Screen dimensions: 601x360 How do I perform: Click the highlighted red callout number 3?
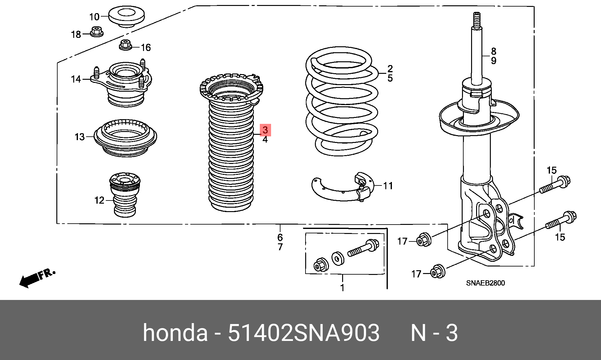click(265, 130)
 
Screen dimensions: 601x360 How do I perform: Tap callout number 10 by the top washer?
click(94, 17)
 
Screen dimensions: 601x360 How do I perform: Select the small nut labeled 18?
click(97, 32)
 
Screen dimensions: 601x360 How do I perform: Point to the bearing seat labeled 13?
click(126, 138)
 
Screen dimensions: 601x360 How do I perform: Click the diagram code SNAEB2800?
click(485, 283)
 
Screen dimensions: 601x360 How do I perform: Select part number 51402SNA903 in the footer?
click(304, 333)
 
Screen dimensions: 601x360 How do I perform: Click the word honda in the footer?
click(175, 333)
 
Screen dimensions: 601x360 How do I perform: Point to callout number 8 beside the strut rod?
click(493, 51)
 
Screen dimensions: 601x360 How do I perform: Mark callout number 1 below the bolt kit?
click(342, 287)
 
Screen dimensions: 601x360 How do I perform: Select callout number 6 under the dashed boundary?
click(280, 237)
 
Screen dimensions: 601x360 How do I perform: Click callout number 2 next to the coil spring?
click(390, 68)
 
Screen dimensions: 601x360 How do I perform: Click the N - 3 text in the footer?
click(434, 333)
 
